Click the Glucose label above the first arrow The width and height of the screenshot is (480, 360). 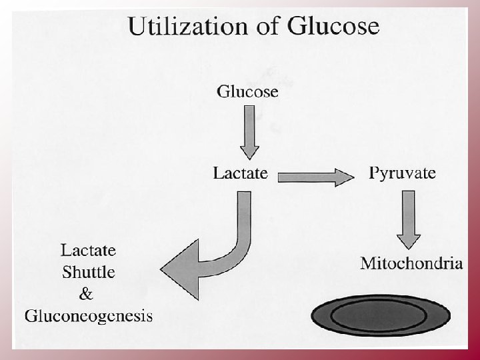(247, 92)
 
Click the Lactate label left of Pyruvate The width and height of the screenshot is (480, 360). (241, 173)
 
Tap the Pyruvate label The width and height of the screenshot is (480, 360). (403, 173)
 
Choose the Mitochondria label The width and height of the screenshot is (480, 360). (411, 263)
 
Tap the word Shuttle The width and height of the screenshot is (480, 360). (89, 272)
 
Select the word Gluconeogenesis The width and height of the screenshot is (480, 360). (89, 315)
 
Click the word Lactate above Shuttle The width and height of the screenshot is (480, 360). (89, 251)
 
